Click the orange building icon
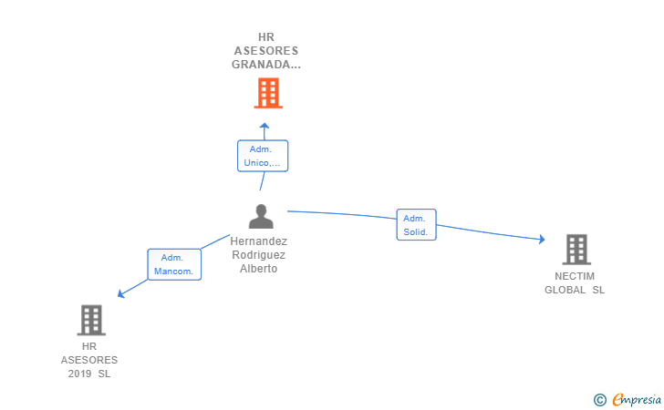point(268,93)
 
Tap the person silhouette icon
point(261,216)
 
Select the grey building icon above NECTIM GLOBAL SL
point(576,250)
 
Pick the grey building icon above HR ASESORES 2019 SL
point(91,320)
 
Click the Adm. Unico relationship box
point(263,156)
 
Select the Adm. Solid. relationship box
point(416,225)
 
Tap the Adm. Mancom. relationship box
point(174,264)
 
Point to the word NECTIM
point(575,276)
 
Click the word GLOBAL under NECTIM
point(565,290)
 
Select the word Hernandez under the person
point(259,241)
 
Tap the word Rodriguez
point(259,255)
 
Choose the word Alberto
point(259,269)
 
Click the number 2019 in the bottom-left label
point(79,374)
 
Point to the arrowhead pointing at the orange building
point(265,125)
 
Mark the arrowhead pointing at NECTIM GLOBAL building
point(542,239)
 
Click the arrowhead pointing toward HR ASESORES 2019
point(120,293)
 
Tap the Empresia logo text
point(637,399)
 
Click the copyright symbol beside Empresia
point(600,400)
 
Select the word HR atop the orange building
point(266,37)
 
